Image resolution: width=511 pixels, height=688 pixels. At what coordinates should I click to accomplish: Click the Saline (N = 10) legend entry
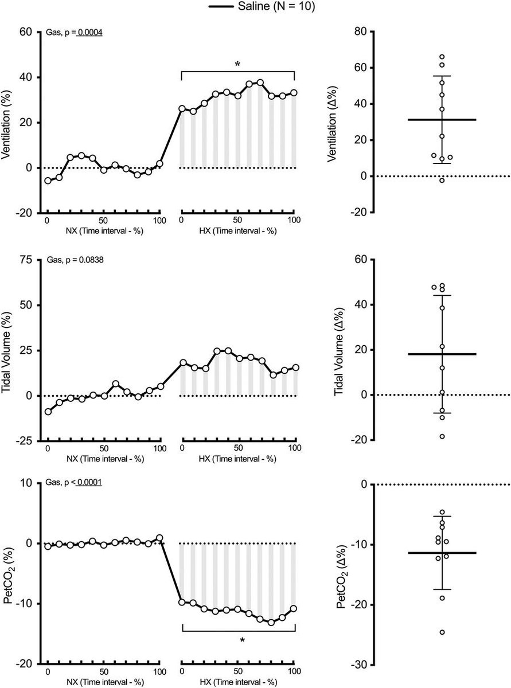(x=255, y=6)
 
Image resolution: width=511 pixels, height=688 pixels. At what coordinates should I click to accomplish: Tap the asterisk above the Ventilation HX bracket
(x=237, y=64)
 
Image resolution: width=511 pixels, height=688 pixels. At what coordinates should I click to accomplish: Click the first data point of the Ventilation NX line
(x=48, y=181)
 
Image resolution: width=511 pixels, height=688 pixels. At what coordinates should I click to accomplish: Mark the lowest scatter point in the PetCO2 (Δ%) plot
(x=442, y=632)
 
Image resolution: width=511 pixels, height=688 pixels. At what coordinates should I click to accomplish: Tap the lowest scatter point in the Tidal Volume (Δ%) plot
(x=442, y=436)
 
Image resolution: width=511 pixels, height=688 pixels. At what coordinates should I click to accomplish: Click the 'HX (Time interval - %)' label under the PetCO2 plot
(x=237, y=682)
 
